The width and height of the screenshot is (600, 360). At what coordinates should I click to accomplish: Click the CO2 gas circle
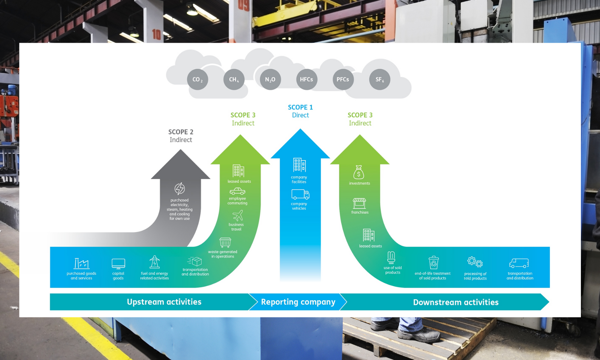(x=198, y=79)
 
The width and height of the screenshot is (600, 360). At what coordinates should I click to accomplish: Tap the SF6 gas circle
(x=379, y=79)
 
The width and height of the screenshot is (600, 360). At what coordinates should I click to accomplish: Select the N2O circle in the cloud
(x=270, y=79)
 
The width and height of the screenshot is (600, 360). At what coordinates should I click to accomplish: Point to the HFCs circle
(x=306, y=79)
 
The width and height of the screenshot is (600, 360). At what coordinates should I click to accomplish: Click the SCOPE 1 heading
(x=300, y=107)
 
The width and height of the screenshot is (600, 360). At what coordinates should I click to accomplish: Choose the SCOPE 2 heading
(x=181, y=132)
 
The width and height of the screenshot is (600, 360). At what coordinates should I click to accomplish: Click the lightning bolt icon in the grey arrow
(x=180, y=189)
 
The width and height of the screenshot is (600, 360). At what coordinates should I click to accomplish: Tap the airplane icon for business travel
(x=238, y=216)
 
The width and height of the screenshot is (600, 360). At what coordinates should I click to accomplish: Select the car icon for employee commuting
(x=237, y=192)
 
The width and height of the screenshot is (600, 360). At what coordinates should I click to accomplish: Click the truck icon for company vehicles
(x=300, y=194)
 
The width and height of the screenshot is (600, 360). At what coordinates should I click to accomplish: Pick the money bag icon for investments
(x=359, y=172)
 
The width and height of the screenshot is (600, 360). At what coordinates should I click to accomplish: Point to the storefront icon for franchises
(x=359, y=203)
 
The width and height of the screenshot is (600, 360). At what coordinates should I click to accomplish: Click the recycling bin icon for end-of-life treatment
(x=433, y=262)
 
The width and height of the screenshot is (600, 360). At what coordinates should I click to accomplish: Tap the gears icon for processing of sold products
(x=475, y=262)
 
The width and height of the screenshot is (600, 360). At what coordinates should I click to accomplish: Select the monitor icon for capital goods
(x=118, y=264)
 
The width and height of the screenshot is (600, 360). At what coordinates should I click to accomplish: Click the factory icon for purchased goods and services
(x=81, y=264)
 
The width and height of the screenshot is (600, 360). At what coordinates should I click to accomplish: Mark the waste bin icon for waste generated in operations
(x=225, y=242)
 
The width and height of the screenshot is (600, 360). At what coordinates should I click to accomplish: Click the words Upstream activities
(x=164, y=302)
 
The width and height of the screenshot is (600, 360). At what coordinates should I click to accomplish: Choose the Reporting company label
(x=298, y=302)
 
